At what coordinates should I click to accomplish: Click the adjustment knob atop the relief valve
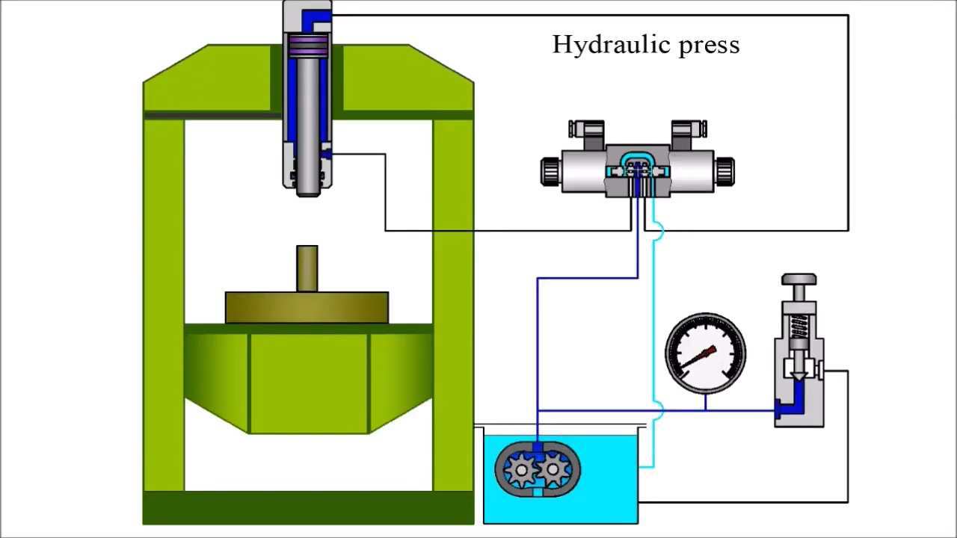tap(798, 280)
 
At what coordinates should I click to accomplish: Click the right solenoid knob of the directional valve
tap(724, 170)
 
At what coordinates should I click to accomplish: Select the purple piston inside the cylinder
tap(307, 46)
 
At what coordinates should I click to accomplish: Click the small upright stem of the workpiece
tap(307, 268)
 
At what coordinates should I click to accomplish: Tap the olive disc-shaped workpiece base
tap(307, 307)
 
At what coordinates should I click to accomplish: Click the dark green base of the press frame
tap(308, 507)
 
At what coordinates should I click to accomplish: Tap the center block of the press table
tap(308, 381)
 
